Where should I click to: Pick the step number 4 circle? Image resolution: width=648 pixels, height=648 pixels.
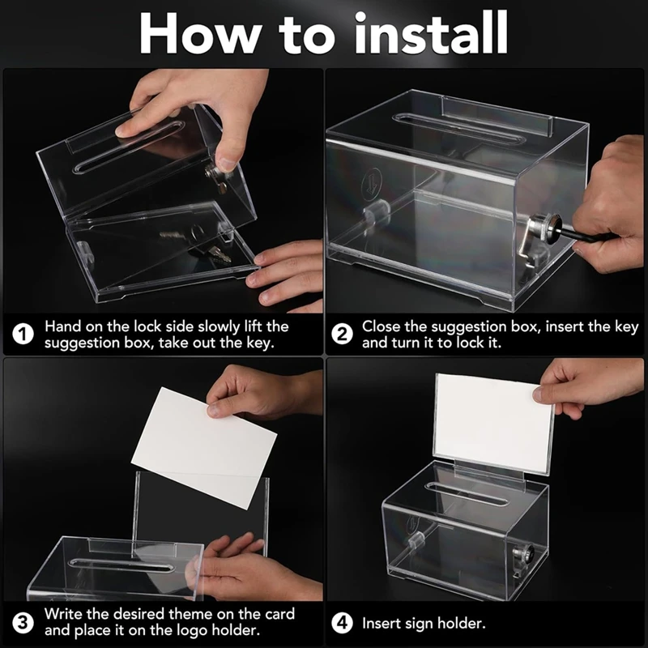[343, 624]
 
